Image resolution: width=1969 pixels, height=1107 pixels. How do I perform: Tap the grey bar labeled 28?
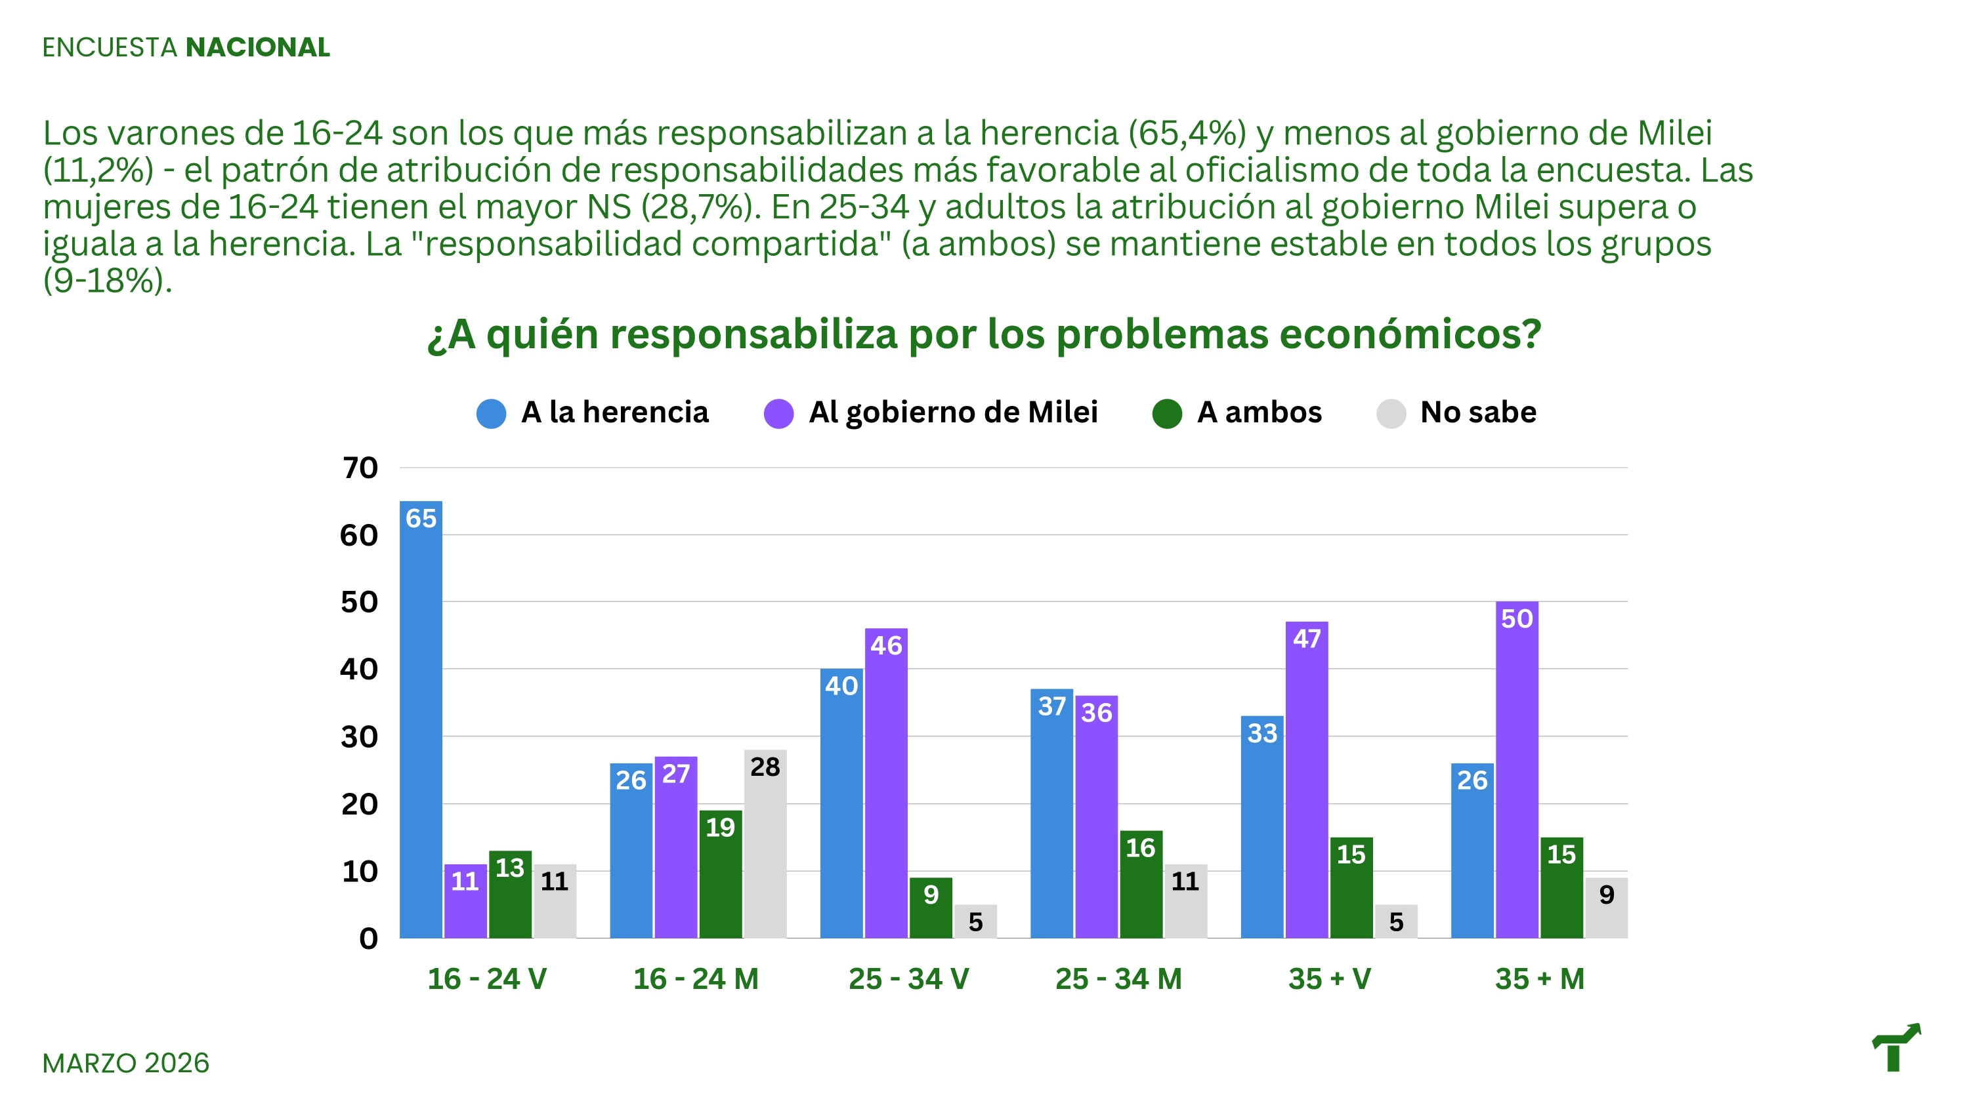(765, 843)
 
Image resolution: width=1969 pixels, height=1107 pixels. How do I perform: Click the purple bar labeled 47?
(1306, 779)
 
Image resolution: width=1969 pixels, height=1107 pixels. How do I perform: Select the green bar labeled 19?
(720, 874)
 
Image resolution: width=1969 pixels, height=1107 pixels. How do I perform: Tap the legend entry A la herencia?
(614, 413)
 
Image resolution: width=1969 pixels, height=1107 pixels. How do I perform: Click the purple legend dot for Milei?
(778, 413)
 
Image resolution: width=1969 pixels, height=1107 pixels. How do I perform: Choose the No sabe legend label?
(1477, 413)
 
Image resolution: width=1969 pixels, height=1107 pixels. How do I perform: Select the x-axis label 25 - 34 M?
(1118, 978)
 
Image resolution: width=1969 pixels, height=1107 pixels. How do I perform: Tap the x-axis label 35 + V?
(1329, 978)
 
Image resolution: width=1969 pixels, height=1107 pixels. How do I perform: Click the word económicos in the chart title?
(1410, 334)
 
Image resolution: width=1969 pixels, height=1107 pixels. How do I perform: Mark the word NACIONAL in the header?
(257, 47)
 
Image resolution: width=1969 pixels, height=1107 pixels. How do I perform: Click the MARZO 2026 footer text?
(125, 1062)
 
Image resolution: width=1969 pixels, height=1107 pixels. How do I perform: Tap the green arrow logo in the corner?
(1895, 1047)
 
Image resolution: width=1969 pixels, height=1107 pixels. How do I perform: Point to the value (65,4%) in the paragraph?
(1187, 133)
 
